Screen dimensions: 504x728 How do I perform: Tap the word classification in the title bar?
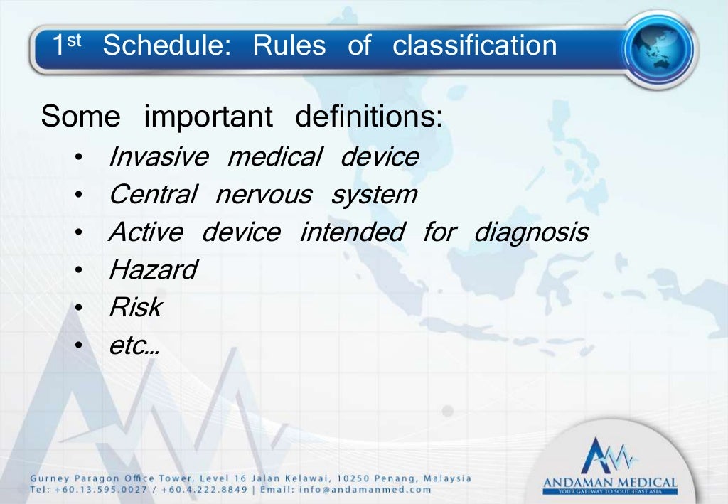tap(475, 46)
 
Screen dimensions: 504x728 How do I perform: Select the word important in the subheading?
tap(208, 117)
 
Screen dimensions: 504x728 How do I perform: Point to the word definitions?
tap(369, 117)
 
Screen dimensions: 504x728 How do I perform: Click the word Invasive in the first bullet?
tap(159, 156)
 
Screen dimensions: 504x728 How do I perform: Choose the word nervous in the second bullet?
tap(263, 195)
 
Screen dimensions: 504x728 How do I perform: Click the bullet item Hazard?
tap(153, 270)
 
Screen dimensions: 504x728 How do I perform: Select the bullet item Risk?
tap(135, 308)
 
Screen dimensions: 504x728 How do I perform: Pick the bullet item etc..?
tap(133, 346)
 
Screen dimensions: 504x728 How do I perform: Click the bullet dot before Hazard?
tap(82, 271)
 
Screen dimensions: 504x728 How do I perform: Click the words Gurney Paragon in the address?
tap(71, 478)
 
